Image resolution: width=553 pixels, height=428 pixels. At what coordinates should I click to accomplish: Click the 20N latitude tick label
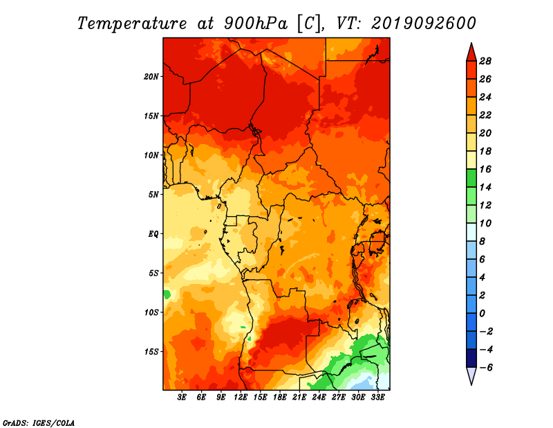(x=151, y=77)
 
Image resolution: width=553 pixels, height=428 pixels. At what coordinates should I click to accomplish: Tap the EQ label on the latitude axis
(x=153, y=234)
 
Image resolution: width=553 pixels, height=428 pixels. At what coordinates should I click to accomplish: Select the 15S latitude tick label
(x=151, y=352)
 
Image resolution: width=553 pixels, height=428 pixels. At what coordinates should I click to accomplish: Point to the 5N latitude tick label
(x=153, y=195)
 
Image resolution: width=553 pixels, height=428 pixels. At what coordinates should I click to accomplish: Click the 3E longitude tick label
(x=182, y=398)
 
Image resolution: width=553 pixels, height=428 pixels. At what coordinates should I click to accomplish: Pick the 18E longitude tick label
(x=280, y=398)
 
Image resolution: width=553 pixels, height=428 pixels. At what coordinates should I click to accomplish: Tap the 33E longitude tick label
(x=377, y=398)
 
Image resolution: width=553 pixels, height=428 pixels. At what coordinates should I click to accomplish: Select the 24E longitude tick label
(x=319, y=398)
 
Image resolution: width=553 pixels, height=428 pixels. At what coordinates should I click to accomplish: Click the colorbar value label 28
(x=485, y=61)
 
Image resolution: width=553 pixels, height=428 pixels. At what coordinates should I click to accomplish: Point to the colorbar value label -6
(x=486, y=368)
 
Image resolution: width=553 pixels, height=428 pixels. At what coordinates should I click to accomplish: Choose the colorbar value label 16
(x=485, y=169)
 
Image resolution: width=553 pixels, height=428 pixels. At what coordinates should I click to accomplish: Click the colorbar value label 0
(x=482, y=314)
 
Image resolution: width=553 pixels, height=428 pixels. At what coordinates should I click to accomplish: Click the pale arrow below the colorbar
(x=471, y=375)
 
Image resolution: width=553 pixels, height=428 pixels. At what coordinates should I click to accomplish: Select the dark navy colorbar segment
(x=471, y=358)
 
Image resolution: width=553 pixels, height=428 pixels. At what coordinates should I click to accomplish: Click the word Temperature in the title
(x=132, y=24)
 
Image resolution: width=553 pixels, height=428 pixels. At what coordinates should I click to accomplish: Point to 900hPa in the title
(x=256, y=24)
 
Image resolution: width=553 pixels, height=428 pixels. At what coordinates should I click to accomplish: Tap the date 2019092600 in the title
(x=424, y=24)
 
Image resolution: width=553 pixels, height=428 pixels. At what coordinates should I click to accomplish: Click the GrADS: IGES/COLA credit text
(x=39, y=423)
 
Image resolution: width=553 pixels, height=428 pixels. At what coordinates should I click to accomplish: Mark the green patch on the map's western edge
(x=167, y=294)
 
